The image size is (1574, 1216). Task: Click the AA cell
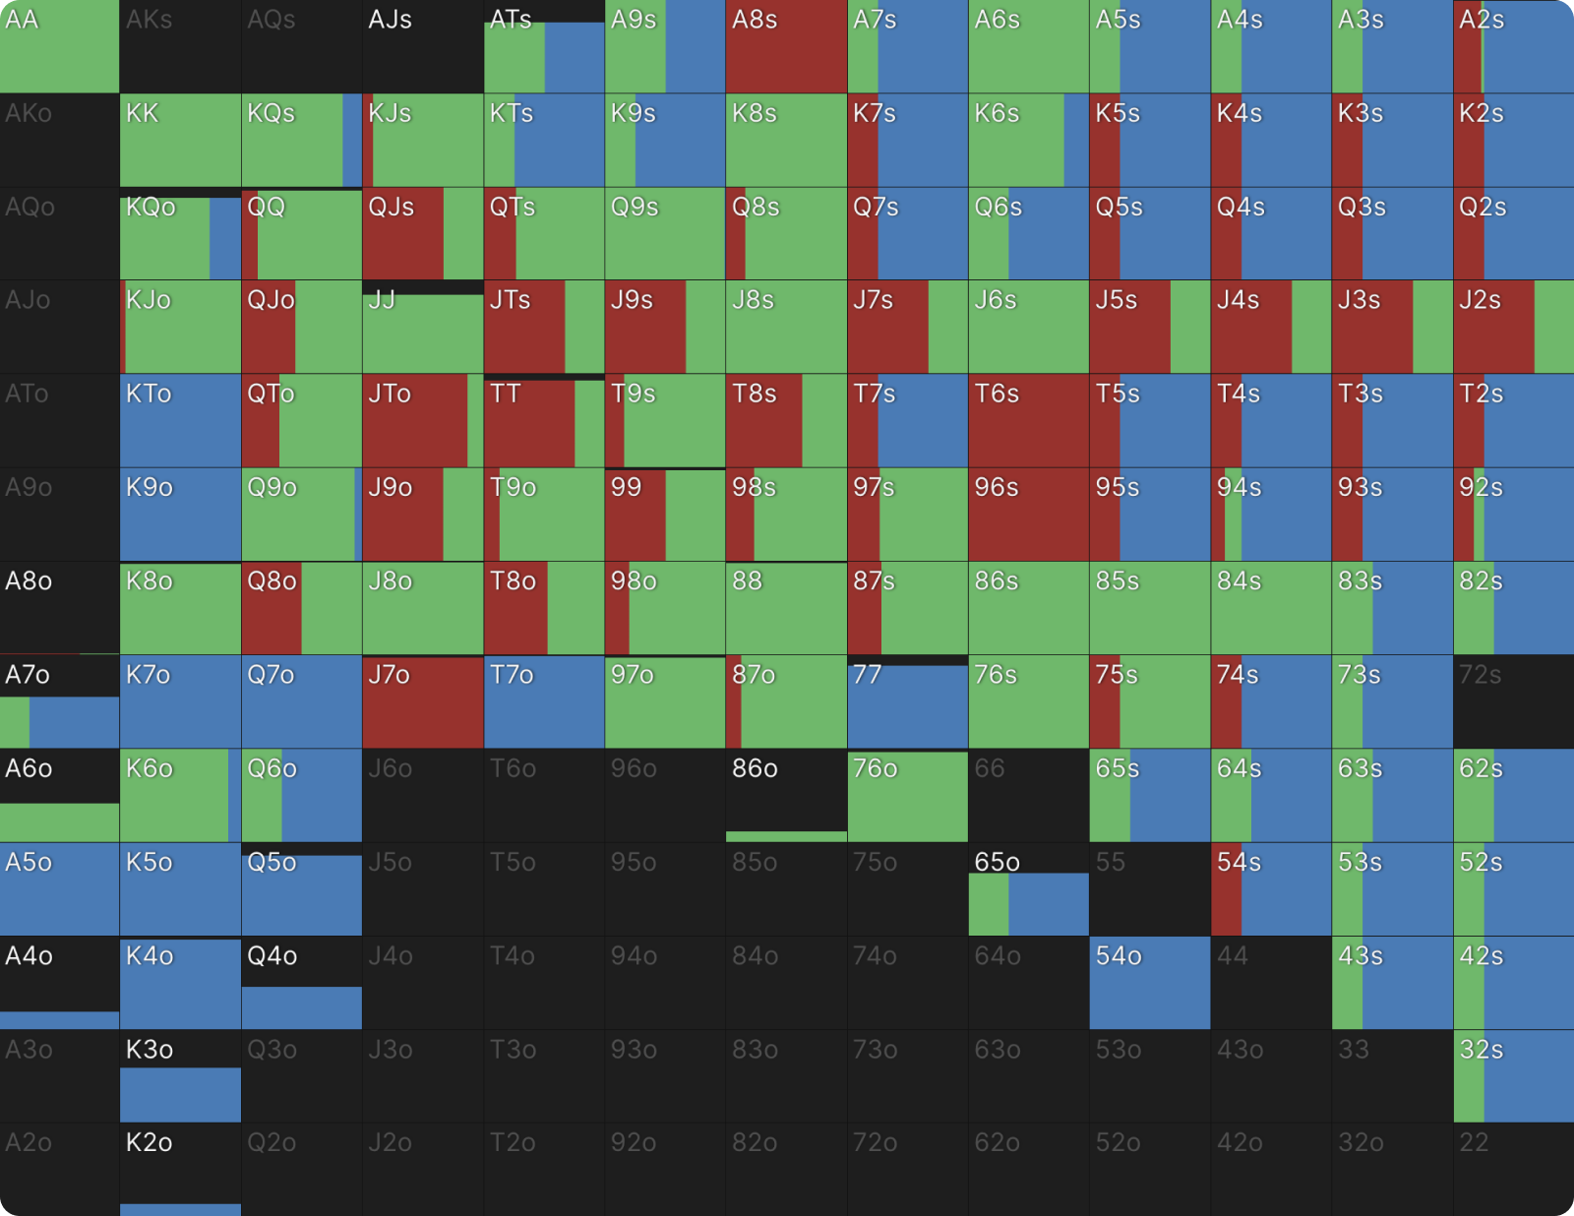click(x=59, y=47)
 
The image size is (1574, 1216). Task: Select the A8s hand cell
click(x=786, y=47)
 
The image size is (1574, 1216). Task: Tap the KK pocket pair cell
click(x=180, y=141)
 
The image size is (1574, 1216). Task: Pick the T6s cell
click(x=1028, y=421)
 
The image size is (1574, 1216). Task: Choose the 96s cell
click(x=1028, y=515)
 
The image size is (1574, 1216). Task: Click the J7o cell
click(x=423, y=701)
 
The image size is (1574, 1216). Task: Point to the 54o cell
click(x=1149, y=982)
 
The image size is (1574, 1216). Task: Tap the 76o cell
click(x=907, y=795)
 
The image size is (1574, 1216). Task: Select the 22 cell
click(x=1513, y=1169)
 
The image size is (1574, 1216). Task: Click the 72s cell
click(x=1513, y=701)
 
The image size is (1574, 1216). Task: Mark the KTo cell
click(x=180, y=421)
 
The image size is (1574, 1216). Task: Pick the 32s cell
click(x=1513, y=1075)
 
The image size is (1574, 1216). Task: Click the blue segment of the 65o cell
click(x=1049, y=904)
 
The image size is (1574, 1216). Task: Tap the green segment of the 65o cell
click(x=989, y=904)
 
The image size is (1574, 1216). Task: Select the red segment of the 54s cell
click(x=1226, y=888)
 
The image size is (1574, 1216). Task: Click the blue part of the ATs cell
click(x=575, y=57)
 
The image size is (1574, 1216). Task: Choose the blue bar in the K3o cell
click(x=180, y=1094)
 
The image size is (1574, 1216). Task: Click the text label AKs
click(x=150, y=20)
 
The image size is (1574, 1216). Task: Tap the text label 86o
click(x=755, y=768)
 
